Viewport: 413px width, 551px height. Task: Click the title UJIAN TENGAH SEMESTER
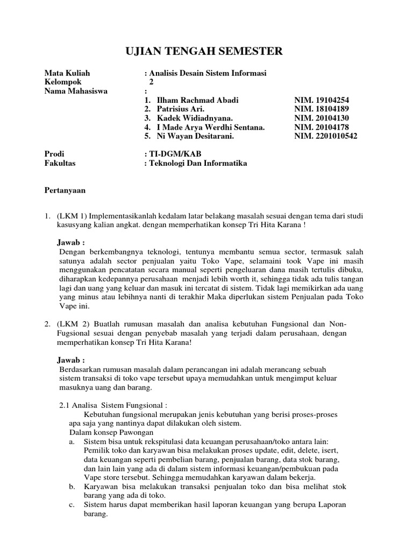[x=203, y=52]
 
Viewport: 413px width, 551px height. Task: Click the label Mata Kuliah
[x=67, y=73]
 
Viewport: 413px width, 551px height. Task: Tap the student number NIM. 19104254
[x=322, y=100]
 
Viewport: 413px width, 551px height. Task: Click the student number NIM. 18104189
[x=322, y=109]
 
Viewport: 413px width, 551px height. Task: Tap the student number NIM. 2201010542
[x=325, y=136]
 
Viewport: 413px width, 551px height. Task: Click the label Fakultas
[x=60, y=163]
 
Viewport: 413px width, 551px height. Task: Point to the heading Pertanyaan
[x=64, y=190]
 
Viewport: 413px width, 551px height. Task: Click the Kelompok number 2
[x=152, y=82]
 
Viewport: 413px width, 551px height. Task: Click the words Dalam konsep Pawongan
[x=106, y=432]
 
